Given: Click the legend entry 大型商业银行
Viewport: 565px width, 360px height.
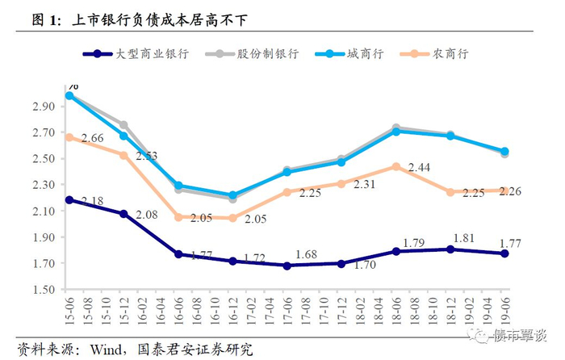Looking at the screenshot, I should click(x=149, y=54).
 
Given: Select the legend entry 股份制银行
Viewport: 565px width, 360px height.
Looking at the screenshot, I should click(x=266, y=54).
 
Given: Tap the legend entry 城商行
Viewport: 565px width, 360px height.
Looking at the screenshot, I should click(x=366, y=54).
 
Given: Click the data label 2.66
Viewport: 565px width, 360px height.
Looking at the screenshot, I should click(x=92, y=139).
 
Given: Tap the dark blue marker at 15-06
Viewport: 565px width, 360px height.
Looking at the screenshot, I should click(x=70, y=199).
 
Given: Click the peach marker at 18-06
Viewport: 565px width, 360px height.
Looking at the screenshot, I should click(x=395, y=166).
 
